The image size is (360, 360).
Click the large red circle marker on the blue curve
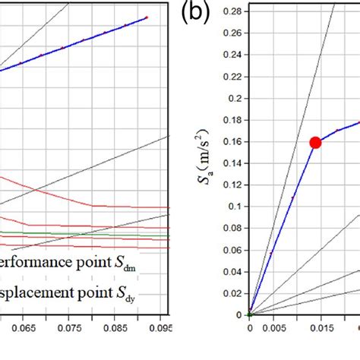tap(315, 143)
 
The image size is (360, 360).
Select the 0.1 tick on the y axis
tap(234, 206)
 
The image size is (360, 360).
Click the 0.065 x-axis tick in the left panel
tap(24, 330)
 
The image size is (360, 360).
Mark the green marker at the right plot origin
tap(249, 314)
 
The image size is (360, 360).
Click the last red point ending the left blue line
tap(147, 17)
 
